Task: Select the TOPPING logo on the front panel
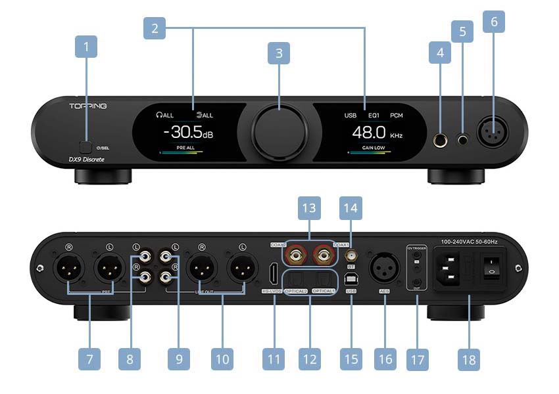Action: [x=88, y=106]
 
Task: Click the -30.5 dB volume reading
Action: [x=188, y=133]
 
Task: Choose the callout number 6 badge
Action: [x=494, y=22]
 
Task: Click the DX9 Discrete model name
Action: [x=87, y=160]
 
